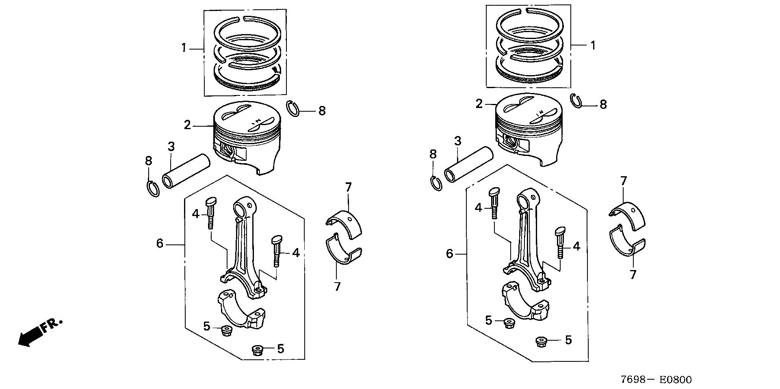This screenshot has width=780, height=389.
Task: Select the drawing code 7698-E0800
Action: (x=656, y=380)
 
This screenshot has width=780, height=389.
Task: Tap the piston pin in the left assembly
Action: (x=186, y=171)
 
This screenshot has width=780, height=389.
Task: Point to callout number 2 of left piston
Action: (x=187, y=125)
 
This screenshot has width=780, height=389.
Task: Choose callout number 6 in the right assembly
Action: (x=449, y=254)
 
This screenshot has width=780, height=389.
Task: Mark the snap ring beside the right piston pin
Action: (x=435, y=183)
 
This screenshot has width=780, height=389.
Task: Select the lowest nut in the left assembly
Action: (x=257, y=350)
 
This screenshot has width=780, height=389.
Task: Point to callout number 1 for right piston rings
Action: (x=593, y=45)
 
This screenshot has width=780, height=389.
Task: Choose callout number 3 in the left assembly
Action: (x=171, y=146)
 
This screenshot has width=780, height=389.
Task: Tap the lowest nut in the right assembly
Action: (x=541, y=341)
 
